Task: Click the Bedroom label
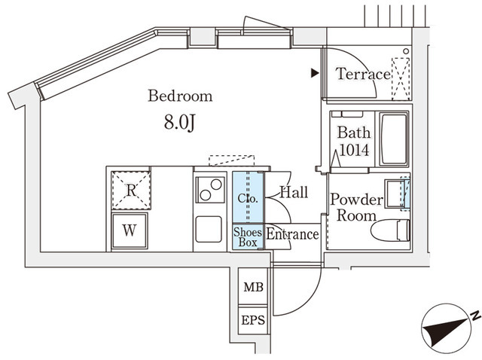[x=180, y=96]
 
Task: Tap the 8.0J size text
[x=180, y=123]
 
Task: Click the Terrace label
[x=363, y=74]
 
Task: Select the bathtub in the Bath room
[x=394, y=139]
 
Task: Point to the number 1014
[x=354, y=150]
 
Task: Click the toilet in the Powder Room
[x=390, y=230]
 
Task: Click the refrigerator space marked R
[x=131, y=191]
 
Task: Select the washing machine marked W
[x=130, y=230]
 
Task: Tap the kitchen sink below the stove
[x=209, y=229]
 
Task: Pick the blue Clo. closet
[x=248, y=197]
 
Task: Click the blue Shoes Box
[x=248, y=236]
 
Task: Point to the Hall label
[x=294, y=192]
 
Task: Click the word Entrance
[x=292, y=234]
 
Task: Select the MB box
[x=254, y=287]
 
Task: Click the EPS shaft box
[x=253, y=320]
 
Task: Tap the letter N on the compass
[x=476, y=315]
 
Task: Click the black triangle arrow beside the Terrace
[x=315, y=73]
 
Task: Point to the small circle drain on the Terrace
[x=406, y=51]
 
